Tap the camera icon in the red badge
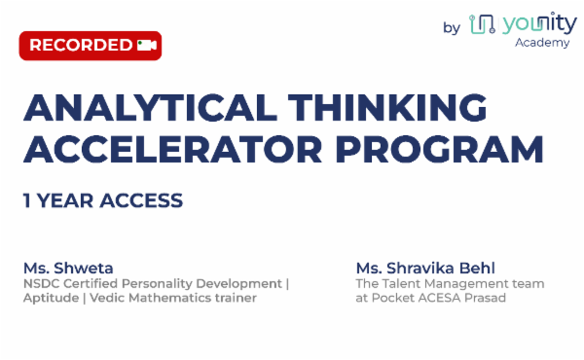click(147, 45)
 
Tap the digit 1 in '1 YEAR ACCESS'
click(27, 201)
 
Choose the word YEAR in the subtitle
click(64, 201)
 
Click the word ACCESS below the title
click(141, 201)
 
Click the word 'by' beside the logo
click(452, 27)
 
